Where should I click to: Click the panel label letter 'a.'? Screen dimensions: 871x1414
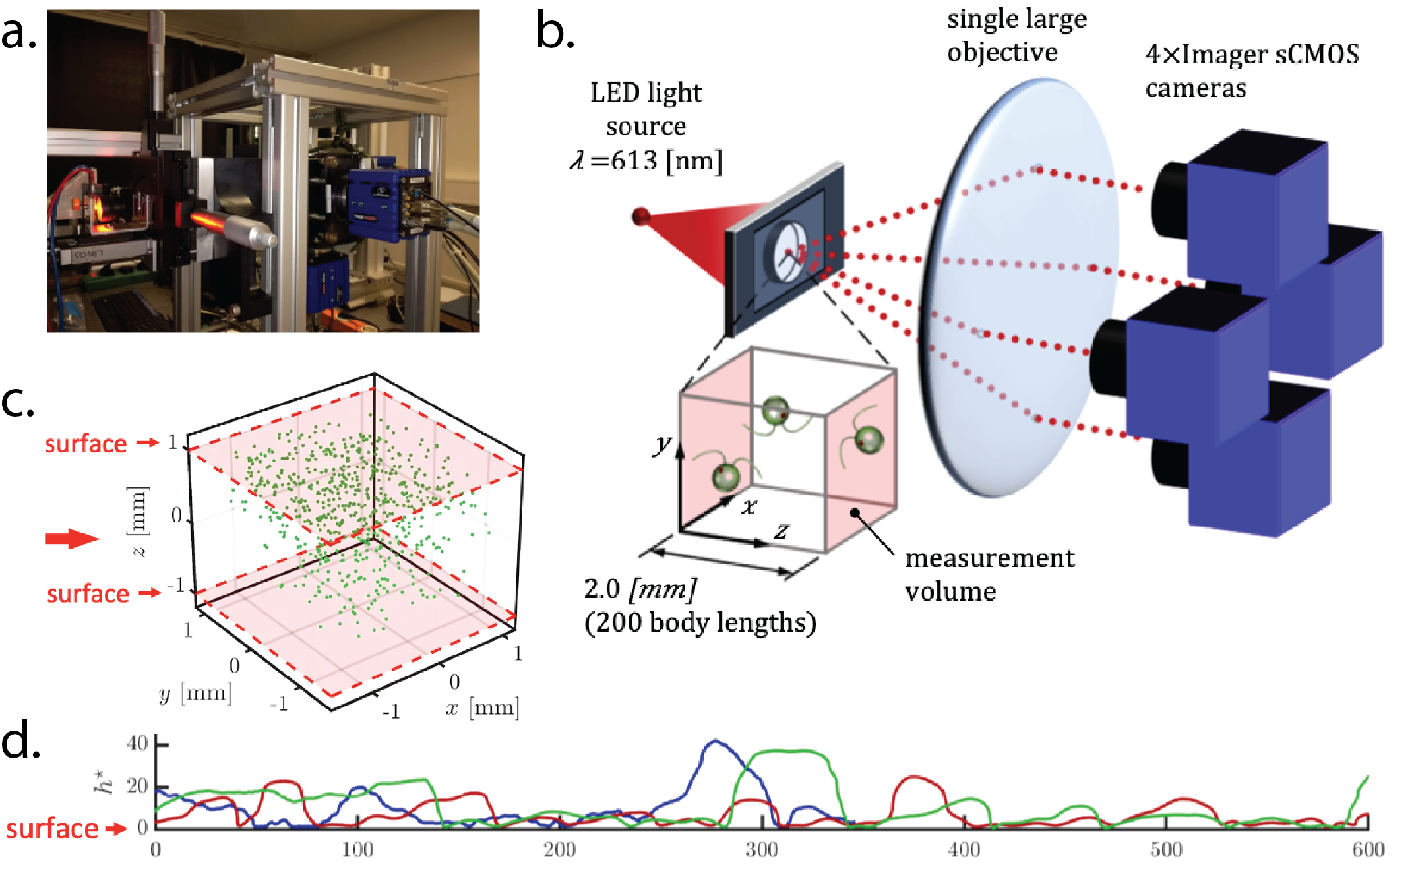[x=18, y=33]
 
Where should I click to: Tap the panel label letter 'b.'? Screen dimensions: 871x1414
[x=555, y=32]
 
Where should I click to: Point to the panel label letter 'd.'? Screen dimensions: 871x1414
[x=20, y=740]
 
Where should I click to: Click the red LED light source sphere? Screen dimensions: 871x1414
[x=640, y=216]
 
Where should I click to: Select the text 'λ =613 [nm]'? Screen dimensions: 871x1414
[x=646, y=160]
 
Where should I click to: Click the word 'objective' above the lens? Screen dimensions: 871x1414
[x=1002, y=52]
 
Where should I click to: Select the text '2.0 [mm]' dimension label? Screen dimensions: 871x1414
[x=640, y=589]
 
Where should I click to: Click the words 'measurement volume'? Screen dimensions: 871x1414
[x=989, y=574]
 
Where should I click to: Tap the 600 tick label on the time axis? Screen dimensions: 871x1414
[x=1368, y=849]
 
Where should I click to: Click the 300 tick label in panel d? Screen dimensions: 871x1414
[x=762, y=849]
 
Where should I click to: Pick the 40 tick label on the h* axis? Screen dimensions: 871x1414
[x=137, y=744]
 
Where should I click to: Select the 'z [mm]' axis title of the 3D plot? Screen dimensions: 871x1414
[x=137, y=521]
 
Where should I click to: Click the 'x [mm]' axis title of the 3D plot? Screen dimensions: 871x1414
[x=482, y=708]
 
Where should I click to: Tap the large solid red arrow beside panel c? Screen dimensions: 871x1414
[x=71, y=539]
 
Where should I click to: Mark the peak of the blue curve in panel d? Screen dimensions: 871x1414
[x=715, y=741]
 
